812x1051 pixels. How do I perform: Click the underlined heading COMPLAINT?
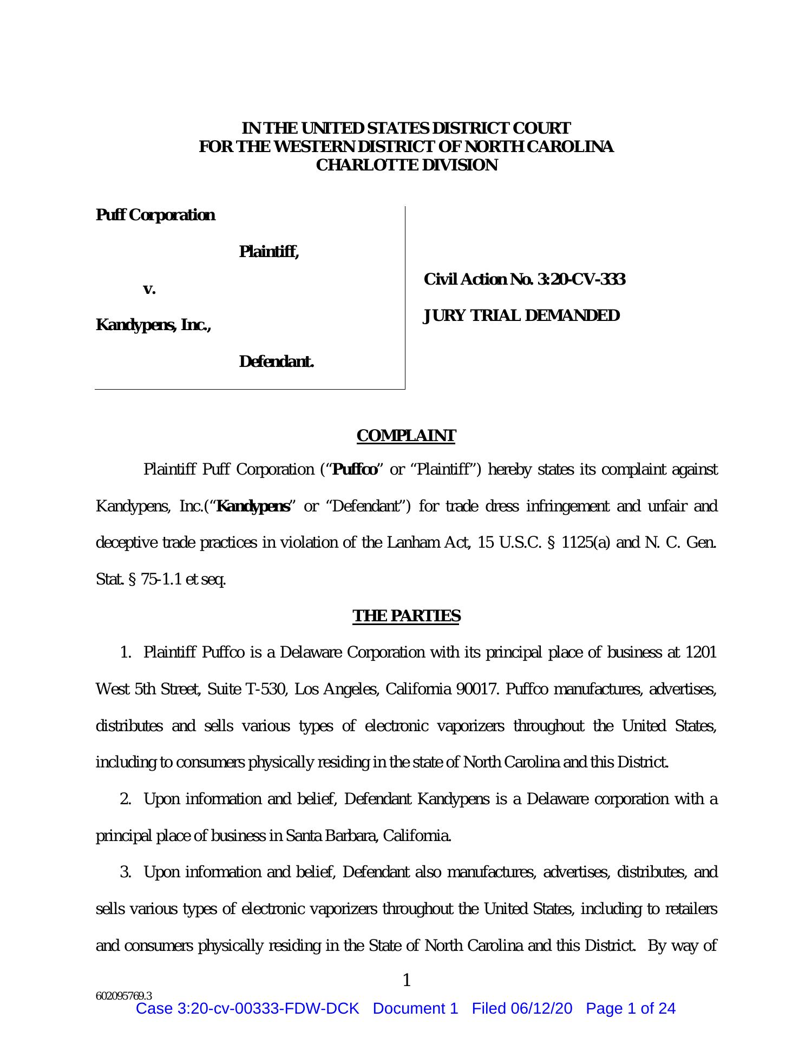[406, 436]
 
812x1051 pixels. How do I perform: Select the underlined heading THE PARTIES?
[406, 616]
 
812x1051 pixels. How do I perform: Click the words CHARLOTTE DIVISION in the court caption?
[406, 166]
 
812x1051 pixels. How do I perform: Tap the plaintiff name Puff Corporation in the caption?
[155, 215]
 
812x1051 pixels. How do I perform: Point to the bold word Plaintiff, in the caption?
[269, 252]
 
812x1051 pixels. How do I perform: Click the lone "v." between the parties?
[149, 289]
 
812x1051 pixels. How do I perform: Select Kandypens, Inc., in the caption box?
[153, 325]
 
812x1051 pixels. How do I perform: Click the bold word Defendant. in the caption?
[276, 362]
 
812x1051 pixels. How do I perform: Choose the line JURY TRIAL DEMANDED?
[521, 316]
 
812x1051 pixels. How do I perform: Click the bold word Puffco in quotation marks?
[355, 470]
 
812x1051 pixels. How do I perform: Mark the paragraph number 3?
[126, 872]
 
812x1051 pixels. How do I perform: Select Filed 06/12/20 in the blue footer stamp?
[521, 1009]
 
